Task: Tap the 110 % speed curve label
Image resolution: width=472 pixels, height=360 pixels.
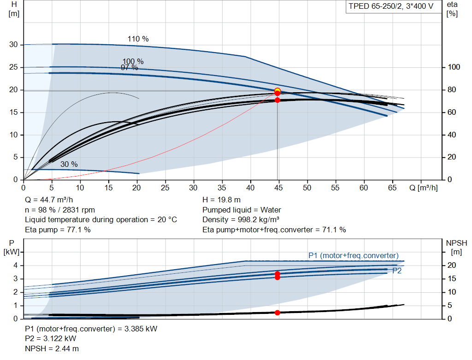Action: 138,39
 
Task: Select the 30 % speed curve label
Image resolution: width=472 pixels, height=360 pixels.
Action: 69,164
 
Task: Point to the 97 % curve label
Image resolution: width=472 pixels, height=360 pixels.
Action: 129,68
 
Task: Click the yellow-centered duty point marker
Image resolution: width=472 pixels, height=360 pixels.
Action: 277,90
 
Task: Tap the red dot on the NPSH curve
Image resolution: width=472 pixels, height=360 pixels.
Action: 277,313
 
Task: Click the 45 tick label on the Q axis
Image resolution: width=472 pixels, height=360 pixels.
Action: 278,188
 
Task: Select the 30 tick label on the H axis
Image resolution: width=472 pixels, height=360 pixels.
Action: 13,45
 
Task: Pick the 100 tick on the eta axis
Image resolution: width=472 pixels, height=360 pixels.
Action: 454,67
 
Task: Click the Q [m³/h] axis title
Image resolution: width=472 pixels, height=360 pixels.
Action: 423,188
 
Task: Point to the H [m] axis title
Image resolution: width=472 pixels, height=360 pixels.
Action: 14,9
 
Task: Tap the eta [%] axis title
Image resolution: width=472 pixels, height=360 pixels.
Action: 452,9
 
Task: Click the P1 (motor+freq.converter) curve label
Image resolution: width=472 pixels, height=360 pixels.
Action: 354,255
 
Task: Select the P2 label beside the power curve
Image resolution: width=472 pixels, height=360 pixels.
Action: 397,271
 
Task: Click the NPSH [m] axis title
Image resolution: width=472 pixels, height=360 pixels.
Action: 456,247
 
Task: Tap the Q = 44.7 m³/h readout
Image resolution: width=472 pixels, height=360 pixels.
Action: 49,200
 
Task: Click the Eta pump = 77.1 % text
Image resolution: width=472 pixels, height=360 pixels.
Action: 58,230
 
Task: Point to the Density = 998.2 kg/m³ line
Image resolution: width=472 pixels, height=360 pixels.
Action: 241,220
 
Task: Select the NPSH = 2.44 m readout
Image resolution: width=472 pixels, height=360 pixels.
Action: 52,348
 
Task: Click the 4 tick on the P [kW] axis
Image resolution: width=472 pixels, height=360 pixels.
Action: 16,266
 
